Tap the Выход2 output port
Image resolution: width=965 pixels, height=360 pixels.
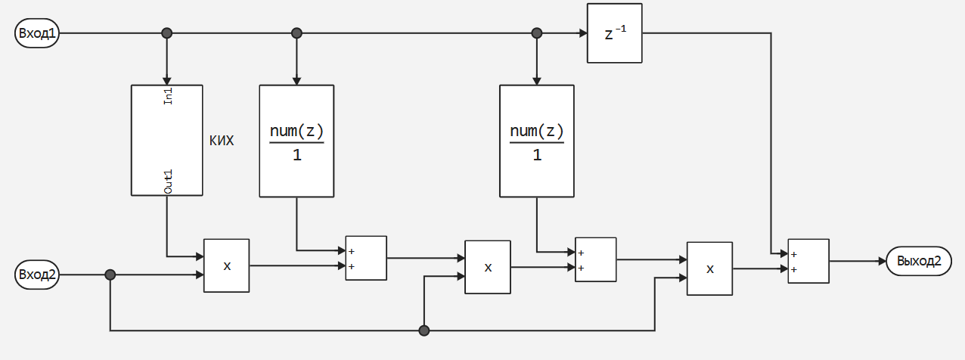(919, 262)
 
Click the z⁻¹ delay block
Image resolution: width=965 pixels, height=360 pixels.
(614, 33)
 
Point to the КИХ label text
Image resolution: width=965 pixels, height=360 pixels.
(221, 141)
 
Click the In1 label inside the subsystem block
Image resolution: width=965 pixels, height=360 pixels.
(169, 97)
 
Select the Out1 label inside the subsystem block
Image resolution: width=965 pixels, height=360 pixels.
(169, 182)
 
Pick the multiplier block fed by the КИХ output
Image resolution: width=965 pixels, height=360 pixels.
(226, 265)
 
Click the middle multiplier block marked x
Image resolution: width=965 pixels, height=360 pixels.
(487, 267)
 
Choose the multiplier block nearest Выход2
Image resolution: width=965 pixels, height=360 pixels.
(709, 268)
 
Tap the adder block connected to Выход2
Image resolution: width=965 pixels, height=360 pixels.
(808, 261)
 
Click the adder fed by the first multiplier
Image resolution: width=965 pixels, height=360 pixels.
(366, 259)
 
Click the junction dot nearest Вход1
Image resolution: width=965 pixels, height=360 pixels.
(167, 33)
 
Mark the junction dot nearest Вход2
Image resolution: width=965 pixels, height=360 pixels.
(110, 275)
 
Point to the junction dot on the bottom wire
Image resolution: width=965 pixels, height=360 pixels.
(424, 331)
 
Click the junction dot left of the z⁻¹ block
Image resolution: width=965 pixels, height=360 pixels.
(537, 33)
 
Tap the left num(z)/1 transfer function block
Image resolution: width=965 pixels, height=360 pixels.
(296, 141)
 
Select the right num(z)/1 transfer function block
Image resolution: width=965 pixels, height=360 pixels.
(536, 141)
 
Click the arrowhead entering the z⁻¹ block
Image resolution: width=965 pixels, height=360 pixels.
(583, 33)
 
